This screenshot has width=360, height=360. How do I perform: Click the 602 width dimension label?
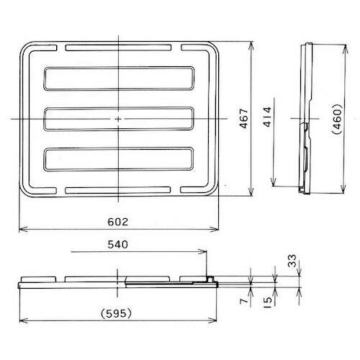click(x=117, y=220)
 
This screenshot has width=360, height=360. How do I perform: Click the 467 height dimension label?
click(x=243, y=120)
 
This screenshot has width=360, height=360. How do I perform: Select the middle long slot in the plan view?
click(x=118, y=118)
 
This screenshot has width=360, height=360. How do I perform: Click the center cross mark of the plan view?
click(x=118, y=118)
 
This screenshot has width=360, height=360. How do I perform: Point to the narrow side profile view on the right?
click(x=307, y=119)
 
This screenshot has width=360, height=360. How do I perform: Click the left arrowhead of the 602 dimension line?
click(x=21, y=230)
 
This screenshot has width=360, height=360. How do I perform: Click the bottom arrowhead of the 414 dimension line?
click(x=278, y=184)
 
